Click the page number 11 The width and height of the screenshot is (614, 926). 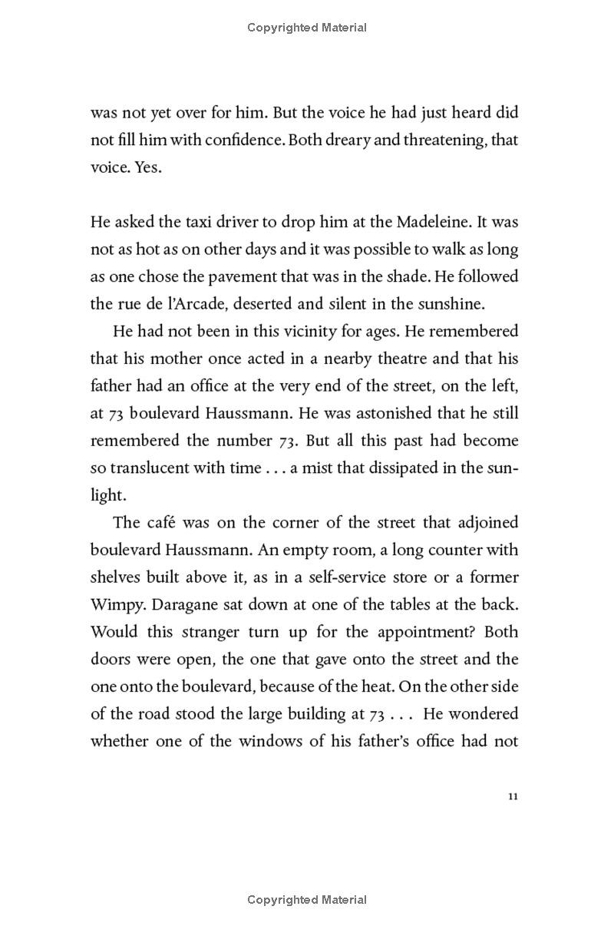point(513,796)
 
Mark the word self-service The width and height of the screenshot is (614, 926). point(381,577)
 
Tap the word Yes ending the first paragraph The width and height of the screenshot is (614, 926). point(148,167)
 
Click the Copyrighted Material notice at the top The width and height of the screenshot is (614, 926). point(307,28)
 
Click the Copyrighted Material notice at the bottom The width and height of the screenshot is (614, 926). point(307,899)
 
